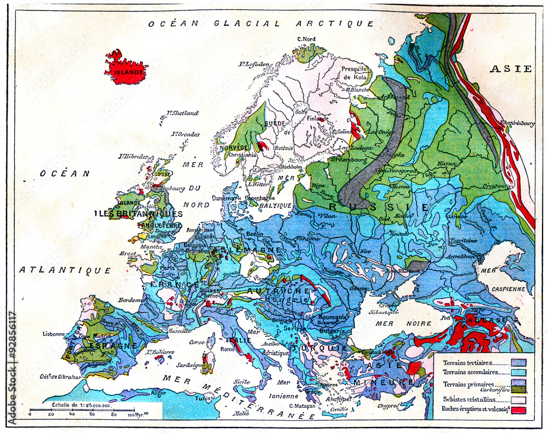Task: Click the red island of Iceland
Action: click(x=125, y=67)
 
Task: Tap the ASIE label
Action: click(x=511, y=69)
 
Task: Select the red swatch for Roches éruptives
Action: click(x=518, y=409)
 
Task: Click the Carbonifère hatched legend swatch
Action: click(x=518, y=389)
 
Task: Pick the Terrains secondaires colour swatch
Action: click(x=518, y=373)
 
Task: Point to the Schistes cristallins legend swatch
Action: click(x=518, y=399)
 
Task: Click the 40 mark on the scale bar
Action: click(x=72, y=415)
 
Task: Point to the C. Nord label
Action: click(x=306, y=39)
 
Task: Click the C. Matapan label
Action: click(x=301, y=406)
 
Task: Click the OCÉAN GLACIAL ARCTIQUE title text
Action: click(x=261, y=24)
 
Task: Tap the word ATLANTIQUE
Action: click(x=65, y=270)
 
